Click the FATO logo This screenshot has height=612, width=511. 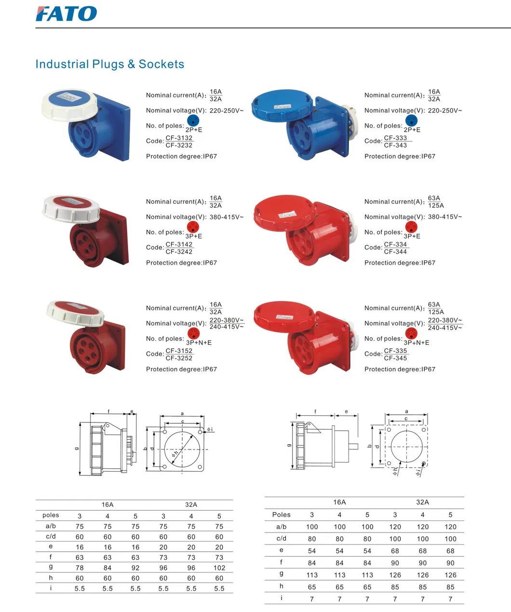coord(66,14)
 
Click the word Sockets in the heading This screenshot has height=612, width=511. coord(161,64)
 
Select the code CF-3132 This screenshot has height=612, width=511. coord(179,137)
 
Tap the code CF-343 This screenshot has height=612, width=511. coord(395,145)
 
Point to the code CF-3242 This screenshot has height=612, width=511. coord(179,251)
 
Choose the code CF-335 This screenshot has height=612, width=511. coord(395,351)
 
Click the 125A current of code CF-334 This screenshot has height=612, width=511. coord(436,205)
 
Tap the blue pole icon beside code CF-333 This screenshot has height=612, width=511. coord(411,120)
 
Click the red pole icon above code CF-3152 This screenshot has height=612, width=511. coord(193,333)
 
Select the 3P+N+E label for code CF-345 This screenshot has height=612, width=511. coord(417,342)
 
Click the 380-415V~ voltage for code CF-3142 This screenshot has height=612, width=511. coord(226,217)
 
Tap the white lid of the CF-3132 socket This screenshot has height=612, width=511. coord(70,105)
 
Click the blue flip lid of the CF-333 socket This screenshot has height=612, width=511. coord(282,105)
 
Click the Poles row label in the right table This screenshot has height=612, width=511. coord(281,515)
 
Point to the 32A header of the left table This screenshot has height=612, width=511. coord(191,504)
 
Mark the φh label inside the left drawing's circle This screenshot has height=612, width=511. coord(175,453)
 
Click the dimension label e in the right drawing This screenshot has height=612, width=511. coord(346,411)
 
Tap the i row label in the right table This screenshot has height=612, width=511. coord(281,598)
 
